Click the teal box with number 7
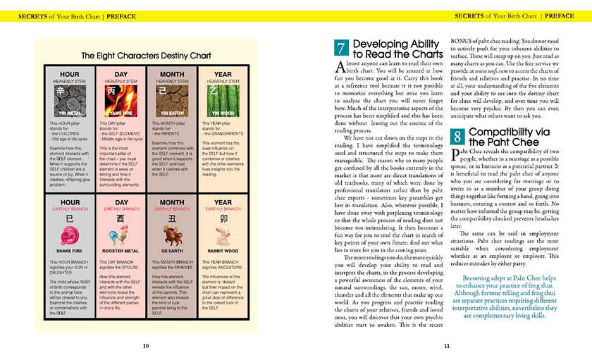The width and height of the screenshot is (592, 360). tap(340, 49)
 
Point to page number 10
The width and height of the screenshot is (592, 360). tap(145, 345)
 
